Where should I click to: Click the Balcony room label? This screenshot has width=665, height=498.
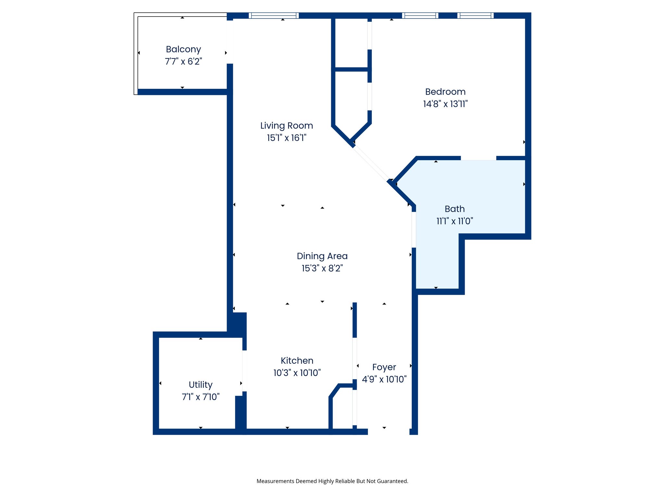(183, 49)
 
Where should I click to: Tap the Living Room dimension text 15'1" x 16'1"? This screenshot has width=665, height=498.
(286, 138)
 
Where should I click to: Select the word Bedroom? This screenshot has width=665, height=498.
(445, 92)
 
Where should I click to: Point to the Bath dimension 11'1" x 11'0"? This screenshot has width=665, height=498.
(455, 221)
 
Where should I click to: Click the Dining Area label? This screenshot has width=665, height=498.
(322, 256)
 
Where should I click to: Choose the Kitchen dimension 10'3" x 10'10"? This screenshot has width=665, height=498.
(297, 373)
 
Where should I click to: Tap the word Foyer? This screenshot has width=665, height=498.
(384, 367)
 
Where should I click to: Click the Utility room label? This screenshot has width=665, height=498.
(200, 385)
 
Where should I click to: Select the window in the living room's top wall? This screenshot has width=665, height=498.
(274, 16)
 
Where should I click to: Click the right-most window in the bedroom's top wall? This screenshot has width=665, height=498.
(475, 16)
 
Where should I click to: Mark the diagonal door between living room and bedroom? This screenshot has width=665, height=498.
(371, 163)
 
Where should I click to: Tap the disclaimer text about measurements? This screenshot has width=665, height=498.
(332, 481)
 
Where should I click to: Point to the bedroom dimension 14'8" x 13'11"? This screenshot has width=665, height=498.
(445, 104)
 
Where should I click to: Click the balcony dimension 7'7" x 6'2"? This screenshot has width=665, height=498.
(183, 62)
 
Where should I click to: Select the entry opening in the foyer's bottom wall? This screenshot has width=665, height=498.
(388, 432)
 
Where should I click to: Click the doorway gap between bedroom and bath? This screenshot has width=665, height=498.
(478, 158)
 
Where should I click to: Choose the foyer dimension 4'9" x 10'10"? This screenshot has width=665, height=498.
(384, 379)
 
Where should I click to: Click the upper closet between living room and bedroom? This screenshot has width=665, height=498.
(351, 44)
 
